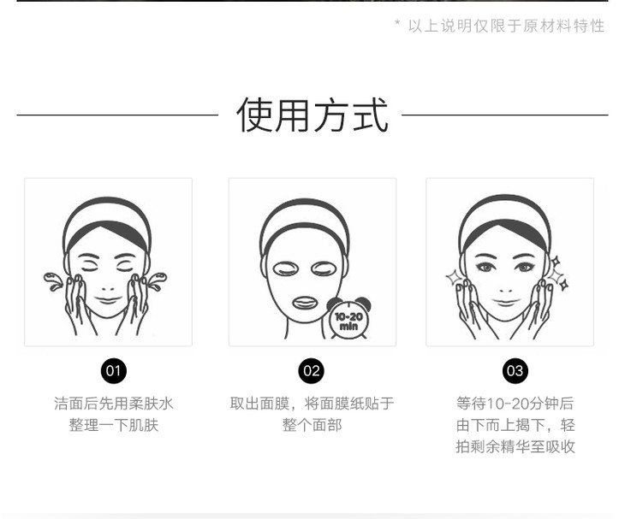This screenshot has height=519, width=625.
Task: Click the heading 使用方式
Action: (x=312, y=115)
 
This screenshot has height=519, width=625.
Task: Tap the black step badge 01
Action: (x=113, y=371)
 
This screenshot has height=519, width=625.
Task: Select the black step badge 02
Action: (x=312, y=371)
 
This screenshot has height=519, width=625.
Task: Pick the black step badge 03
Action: (x=515, y=371)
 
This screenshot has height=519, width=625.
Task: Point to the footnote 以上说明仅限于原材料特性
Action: (x=506, y=26)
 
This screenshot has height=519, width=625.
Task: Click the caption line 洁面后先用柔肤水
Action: (x=114, y=404)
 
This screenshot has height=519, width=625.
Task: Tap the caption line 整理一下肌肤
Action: (x=114, y=425)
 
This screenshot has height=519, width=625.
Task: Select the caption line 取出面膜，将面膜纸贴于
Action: (x=312, y=404)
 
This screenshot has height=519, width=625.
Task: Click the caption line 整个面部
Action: (x=312, y=425)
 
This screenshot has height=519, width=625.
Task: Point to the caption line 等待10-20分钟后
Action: (x=515, y=404)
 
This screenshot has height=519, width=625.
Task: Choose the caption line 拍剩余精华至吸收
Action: (x=515, y=446)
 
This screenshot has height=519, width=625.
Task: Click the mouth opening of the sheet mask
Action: (x=305, y=303)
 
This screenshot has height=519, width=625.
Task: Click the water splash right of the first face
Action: (x=157, y=280)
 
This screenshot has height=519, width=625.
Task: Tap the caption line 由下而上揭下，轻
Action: (x=515, y=425)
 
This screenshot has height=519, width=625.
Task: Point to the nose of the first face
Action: (x=108, y=287)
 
